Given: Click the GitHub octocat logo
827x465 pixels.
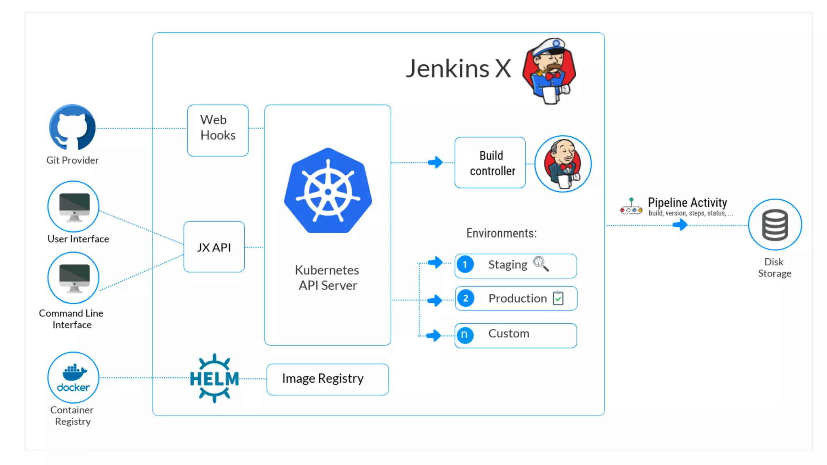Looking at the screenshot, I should (x=72, y=128).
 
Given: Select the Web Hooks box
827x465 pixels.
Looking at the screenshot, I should (x=218, y=130).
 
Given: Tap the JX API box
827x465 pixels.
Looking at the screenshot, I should (x=214, y=247).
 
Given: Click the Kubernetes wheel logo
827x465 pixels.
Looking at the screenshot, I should (x=328, y=191).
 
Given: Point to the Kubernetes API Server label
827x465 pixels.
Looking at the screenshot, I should (x=327, y=278).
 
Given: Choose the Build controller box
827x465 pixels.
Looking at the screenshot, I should (x=490, y=163).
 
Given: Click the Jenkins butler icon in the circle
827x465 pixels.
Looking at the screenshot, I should (x=563, y=164).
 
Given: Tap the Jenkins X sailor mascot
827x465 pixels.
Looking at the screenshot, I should (x=550, y=71).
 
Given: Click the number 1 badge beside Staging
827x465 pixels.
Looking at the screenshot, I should (x=465, y=265).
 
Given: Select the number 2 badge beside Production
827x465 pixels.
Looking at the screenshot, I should (x=466, y=299).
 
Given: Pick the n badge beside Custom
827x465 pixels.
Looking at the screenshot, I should (x=465, y=335).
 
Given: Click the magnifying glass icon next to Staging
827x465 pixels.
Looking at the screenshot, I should (x=541, y=264).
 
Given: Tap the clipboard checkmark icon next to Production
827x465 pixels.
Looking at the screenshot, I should (x=558, y=298).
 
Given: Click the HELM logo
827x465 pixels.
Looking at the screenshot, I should (x=214, y=378).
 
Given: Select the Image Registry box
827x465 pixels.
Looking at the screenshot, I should (x=327, y=379).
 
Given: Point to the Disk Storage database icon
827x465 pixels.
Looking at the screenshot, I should (x=775, y=225).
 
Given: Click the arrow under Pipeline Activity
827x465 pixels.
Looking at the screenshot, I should (x=680, y=225).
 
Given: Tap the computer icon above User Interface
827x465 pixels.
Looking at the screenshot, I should (x=74, y=207).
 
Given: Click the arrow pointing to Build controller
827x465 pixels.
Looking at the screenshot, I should (x=435, y=162).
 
